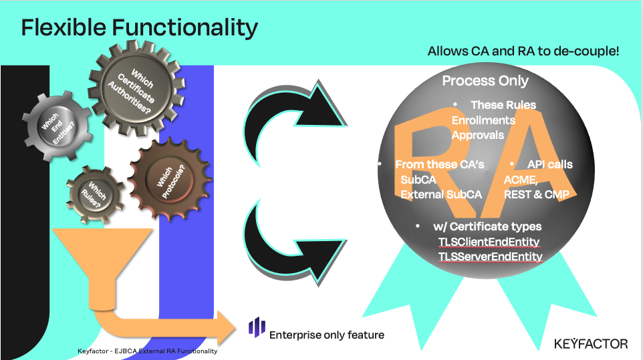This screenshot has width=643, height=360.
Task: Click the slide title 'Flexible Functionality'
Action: [139, 27]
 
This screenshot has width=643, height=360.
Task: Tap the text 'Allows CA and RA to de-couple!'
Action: [523, 51]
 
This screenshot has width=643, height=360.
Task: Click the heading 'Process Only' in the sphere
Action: [485, 81]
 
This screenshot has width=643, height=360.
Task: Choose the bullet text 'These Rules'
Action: [503, 105]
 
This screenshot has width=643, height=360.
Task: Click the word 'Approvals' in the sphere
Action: [478, 134]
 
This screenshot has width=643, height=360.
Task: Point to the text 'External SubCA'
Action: [440, 194]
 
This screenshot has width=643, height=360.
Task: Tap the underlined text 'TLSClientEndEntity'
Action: [489, 241]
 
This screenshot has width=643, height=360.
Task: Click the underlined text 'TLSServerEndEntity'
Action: [490, 256]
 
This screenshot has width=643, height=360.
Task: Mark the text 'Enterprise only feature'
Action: [326, 335]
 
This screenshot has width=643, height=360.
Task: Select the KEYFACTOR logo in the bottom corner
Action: [591, 343]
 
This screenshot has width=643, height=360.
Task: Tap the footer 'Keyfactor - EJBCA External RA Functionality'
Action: [147, 351]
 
